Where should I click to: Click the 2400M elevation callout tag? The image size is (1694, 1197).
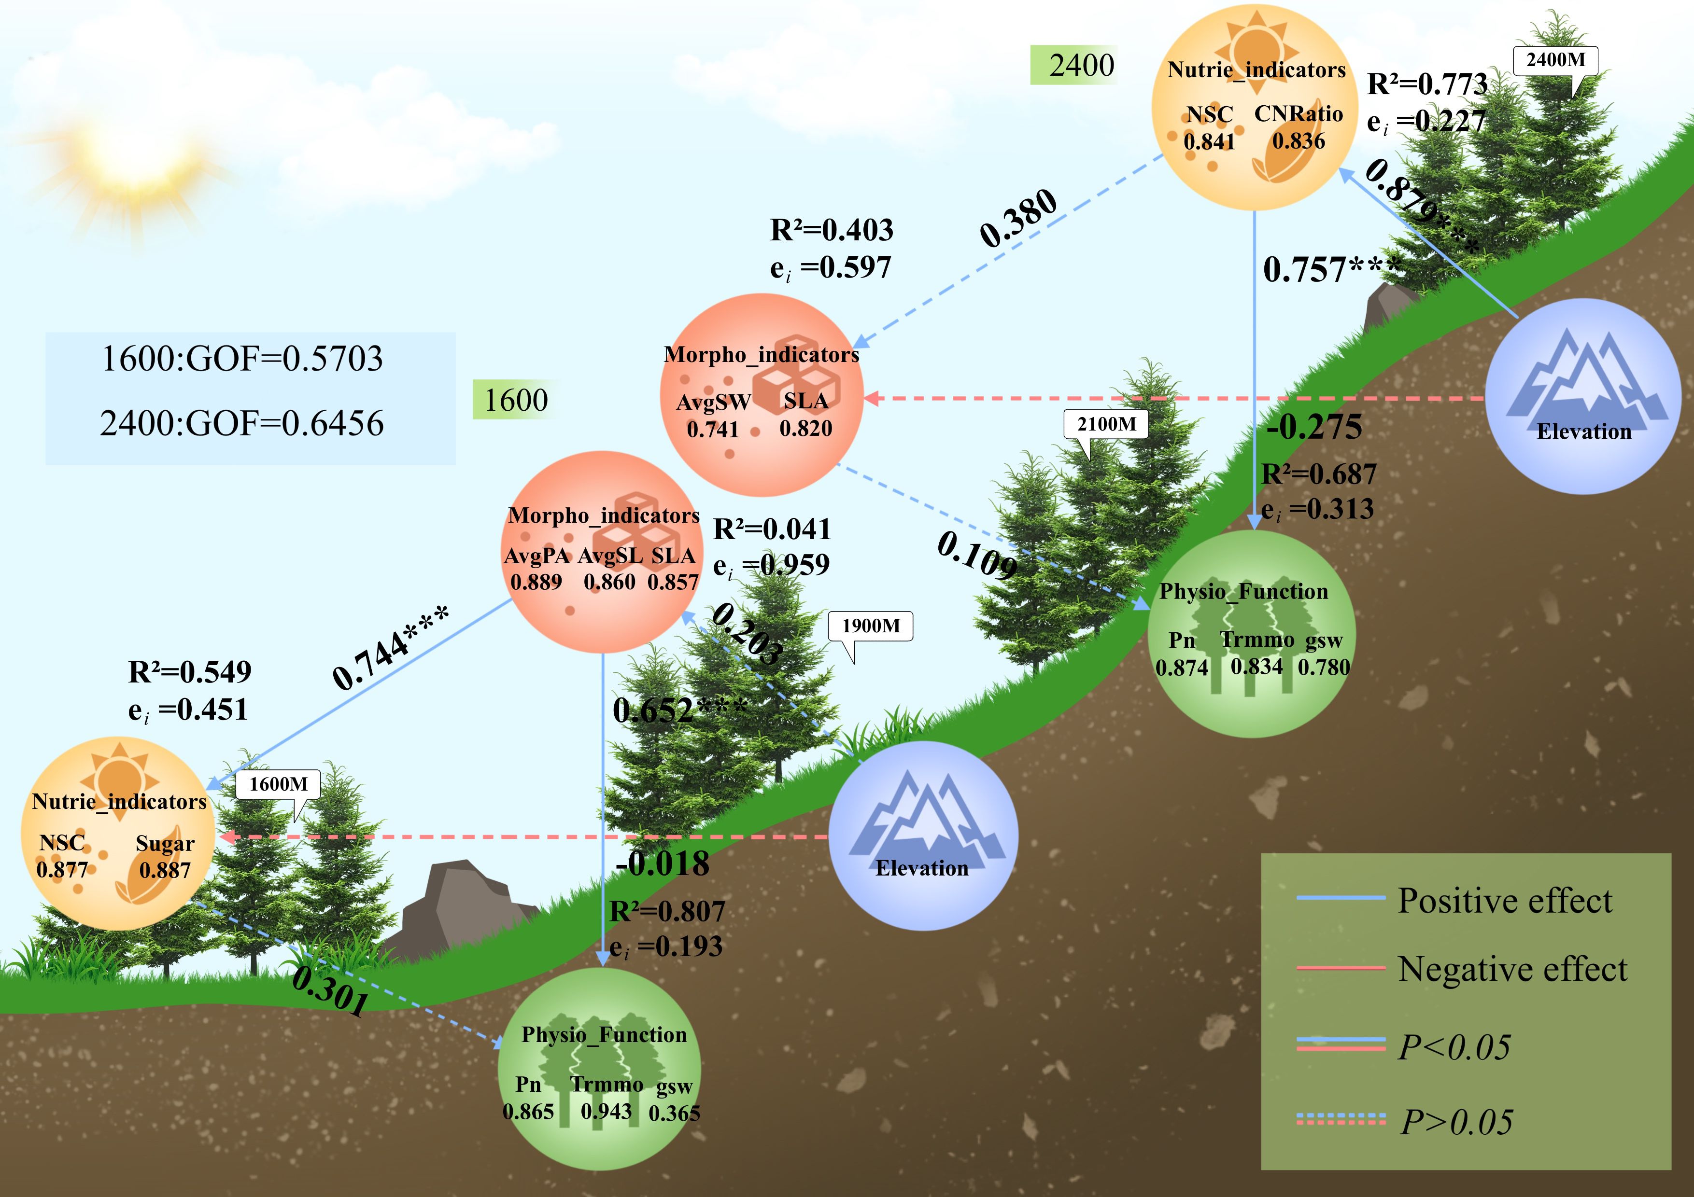tap(1555, 60)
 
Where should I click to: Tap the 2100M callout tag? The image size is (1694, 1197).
tap(1106, 424)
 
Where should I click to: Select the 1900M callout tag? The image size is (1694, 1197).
tap(871, 626)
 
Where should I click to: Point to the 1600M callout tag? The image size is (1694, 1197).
tap(278, 784)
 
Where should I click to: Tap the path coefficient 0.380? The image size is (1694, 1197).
tap(1018, 218)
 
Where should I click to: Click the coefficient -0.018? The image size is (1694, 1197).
tap(662, 863)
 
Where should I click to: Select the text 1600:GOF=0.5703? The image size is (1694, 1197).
tap(242, 359)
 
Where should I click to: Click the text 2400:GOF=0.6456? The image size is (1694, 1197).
tap(242, 423)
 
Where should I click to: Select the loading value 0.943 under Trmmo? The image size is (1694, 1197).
tap(606, 1111)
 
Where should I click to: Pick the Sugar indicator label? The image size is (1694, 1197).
tap(165, 844)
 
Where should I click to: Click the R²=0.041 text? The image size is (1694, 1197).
tap(772, 529)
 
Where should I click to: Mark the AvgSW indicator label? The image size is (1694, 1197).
tap(713, 403)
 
